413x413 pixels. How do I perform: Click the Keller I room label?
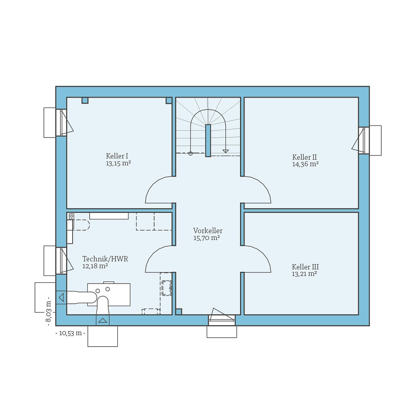tap(117, 156)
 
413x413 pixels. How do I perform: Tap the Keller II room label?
tap(304, 157)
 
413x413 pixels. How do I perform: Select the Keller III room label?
tap(305, 267)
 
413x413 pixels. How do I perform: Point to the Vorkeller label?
tap(208, 231)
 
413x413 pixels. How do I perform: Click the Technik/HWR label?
tap(105, 259)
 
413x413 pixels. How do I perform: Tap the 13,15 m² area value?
tap(118, 163)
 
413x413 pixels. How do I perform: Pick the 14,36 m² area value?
tap(305, 164)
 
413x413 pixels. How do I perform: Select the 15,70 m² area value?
tap(206, 238)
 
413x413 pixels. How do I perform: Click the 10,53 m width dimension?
tap(71, 333)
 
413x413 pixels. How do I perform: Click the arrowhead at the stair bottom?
tap(226, 151)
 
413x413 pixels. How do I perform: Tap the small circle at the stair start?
tap(191, 154)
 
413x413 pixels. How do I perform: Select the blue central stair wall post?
tap(208, 140)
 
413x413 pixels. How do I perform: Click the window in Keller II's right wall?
tap(364, 140)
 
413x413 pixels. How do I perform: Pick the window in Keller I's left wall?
tap(61, 122)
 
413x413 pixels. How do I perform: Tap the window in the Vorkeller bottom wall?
tap(222, 320)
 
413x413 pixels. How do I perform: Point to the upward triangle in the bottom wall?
tap(103, 320)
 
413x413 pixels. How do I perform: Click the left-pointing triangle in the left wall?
tap(61, 297)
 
